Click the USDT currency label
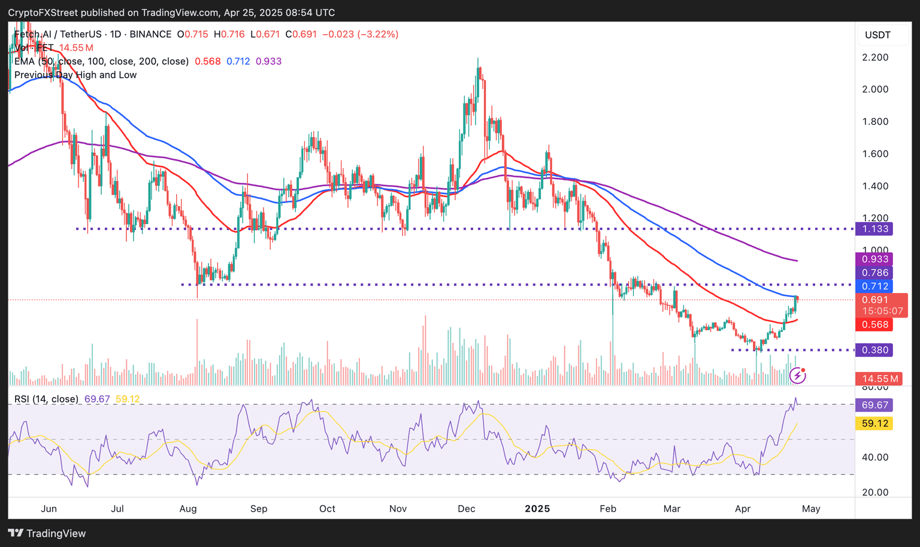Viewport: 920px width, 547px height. pyautogui.click(x=877, y=35)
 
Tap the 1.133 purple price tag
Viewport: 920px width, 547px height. pyautogui.click(x=875, y=229)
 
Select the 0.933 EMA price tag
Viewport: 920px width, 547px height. pyautogui.click(x=875, y=259)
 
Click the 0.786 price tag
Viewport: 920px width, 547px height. pyautogui.click(x=875, y=273)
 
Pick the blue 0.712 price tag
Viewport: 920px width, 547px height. pyautogui.click(x=875, y=286)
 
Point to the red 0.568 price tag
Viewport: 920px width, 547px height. pyautogui.click(x=875, y=325)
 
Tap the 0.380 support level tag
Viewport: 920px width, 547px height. pyautogui.click(x=875, y=350)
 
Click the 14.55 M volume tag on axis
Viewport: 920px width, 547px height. pyautogui.click(x=880, y=379)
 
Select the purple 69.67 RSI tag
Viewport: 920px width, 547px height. pyautogui.click(x=875, y=405)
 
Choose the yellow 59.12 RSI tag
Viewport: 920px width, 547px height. pyautogui.click(x=875, y=424)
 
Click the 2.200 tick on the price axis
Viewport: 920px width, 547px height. pyautogui.click(x=875, y=58)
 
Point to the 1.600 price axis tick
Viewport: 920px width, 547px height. pyautogui.click(x=875, y=154)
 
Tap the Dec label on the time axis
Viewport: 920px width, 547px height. pyautogui.click(x=467, y=509)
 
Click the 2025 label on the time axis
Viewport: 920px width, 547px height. pyautogui.click(x=537, y=509)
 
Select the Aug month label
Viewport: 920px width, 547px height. pyautogui.click(x=188, y=509)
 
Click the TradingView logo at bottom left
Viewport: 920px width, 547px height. pyautogui.click(x=47, y=533)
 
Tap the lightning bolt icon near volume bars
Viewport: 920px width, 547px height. pyautogui.click(x=797, y=376)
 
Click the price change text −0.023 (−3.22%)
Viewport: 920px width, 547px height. pyautogui.click(x=360, y=34)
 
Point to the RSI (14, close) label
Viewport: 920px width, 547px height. pyautogui.click(x=46, y=399)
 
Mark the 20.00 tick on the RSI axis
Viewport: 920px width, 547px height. pyautogui.click(x=875, y=492)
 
